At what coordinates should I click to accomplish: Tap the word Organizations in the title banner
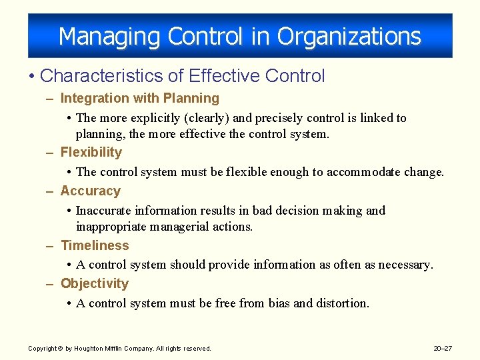349,37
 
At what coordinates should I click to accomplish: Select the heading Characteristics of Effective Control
182,76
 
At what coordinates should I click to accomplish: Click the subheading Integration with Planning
139,99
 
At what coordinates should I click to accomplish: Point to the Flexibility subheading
91,153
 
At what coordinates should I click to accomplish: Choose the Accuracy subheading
91,191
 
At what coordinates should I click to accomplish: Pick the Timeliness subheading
95,246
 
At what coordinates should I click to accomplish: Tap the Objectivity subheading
95,284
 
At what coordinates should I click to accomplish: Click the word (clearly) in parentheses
203,118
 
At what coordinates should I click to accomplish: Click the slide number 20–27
442,349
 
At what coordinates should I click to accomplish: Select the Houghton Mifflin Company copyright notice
119,349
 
